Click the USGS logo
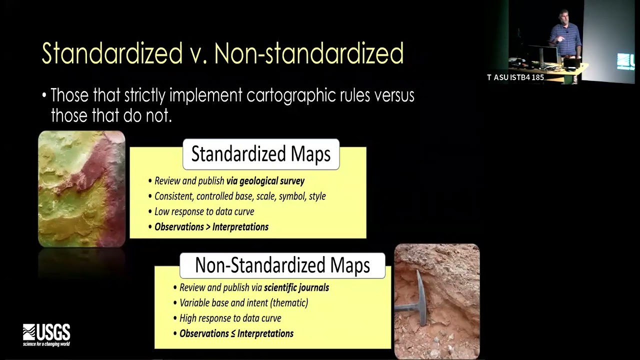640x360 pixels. pyautogui.click(x=46, y=334)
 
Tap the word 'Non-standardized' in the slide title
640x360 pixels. pyautogui.click(x=308, y=53)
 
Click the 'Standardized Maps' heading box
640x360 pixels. pyautogui.click(x=261, y=154)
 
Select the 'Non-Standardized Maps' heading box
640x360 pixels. pyautogui.click(x=282, y=265)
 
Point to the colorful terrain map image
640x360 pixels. pyautogui.click(x=81, y=188)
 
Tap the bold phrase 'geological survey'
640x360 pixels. pyautogui.click(x=265, y=181)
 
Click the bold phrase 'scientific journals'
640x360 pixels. pyautogui.click(x=296, y=287)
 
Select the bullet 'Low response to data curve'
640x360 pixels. pyautogui.click(x=204, y=211)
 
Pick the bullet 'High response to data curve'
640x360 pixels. pyautogui.click(x=230, y=318)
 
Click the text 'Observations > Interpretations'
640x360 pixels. pyautogui.click(x=211, y=227)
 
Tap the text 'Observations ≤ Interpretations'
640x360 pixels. pyautogui.click(x=236, y=333)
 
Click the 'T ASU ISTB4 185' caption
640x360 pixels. pyautogui.click(x=515, y=77)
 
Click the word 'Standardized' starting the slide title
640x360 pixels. pyautogui.click(x=112, y=53)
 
